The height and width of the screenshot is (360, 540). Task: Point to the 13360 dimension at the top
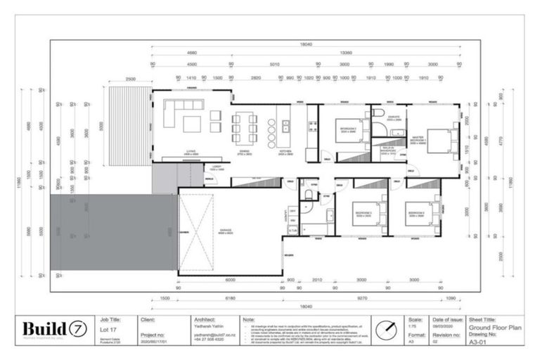click(346, 51)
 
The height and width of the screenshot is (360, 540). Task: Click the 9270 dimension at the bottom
click(360, 297)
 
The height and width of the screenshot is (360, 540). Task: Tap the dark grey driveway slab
click(112, 233)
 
